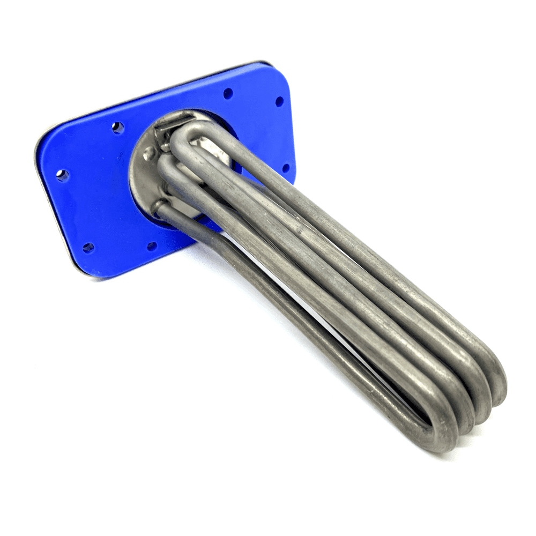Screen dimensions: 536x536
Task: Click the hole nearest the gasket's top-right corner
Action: point(279,100)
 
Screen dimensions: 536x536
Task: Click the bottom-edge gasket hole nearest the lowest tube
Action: point(152,246)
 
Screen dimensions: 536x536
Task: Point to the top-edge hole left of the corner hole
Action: point(228,93)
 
